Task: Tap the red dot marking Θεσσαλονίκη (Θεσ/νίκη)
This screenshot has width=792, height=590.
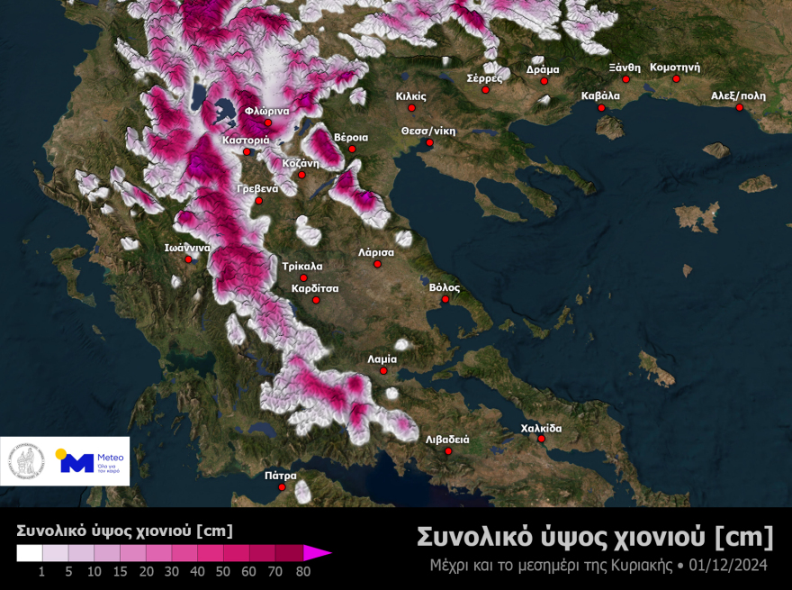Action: (x=429, y=143)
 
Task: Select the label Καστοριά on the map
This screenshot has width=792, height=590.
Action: (x=246, y=141)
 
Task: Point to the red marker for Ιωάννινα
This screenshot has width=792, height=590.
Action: (x=190, y=260)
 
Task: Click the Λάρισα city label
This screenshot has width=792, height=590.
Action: (x=377, y=252)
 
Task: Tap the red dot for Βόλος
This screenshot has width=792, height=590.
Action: (x=445, y=299)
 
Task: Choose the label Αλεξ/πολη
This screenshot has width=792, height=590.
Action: (x=738, y=95)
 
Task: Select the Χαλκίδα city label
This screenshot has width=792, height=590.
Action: (x=541, y=428)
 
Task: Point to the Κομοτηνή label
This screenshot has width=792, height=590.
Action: (x=674, y=67)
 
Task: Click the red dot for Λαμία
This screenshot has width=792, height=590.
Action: (x=383, y=370)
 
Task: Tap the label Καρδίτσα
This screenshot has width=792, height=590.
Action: (x=314, y=288)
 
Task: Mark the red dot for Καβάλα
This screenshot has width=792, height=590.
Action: (x=601, y=108)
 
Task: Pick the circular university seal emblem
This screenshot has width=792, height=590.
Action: (x=27, y=461)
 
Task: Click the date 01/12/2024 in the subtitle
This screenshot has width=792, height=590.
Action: (x=731, y=565)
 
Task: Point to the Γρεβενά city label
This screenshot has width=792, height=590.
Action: (x=256, y=188)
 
